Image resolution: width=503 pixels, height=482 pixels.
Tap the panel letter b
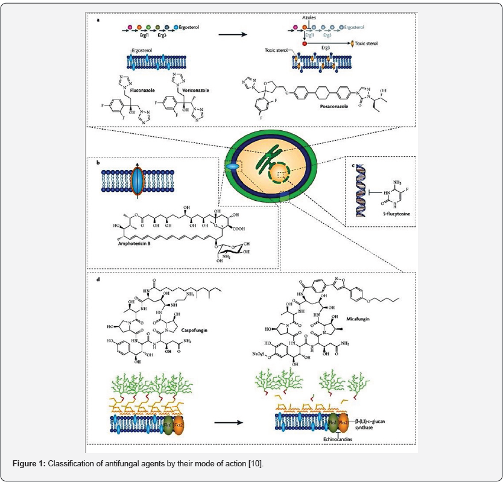point(97,162)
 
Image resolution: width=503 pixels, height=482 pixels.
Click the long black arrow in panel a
point(233,34)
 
